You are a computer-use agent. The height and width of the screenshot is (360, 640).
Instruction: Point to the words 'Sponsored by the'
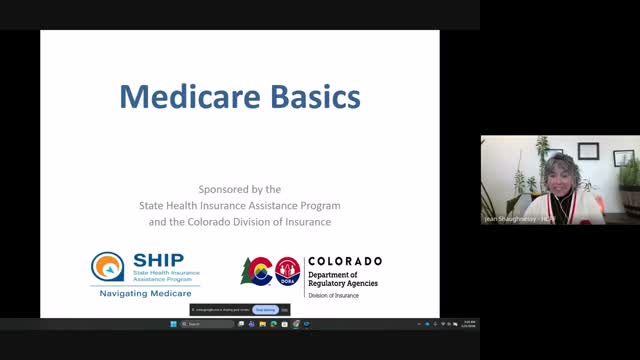click(x=239, y=189)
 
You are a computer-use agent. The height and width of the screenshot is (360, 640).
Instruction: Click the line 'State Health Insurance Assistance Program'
click(x=239, y=205)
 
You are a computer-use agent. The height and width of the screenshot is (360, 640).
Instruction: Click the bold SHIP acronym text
click(x=151, y=260)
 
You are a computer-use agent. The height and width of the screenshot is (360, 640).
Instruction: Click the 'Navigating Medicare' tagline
click(x=145, y=294)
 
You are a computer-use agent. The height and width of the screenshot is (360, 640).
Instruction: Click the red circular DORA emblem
click(x=287, y=270)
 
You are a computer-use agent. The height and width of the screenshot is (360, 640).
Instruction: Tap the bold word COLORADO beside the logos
click(x=344, y=261)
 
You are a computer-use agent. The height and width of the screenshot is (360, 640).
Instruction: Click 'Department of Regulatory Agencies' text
click(x=342, y=278)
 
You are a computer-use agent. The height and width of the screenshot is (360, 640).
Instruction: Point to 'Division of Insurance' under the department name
click(x=333, y=295)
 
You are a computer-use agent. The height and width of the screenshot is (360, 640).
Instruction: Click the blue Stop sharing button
click(x=264, y=310)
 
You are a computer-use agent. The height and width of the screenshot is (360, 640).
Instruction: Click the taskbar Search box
click(x=205, y=324)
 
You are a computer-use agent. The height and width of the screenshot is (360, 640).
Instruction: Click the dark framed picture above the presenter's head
click(x=589, y=151)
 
